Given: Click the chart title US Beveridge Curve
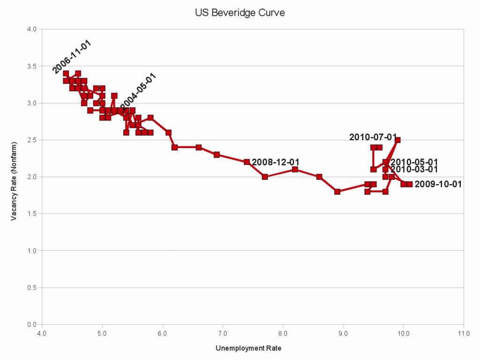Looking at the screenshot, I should [240, 13].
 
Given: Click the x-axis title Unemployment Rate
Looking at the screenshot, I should [248, 348].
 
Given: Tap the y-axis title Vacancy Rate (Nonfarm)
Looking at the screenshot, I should [15, 177].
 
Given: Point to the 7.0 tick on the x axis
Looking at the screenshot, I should [223, 333].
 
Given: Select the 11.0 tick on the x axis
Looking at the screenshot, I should [463, 333].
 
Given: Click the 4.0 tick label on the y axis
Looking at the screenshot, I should [32, 29].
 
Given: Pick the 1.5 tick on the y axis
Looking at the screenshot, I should [32, 214].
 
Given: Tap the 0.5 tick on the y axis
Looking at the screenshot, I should [32, 287].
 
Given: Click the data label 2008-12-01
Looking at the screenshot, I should [276, 162].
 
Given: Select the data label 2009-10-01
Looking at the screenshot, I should [438, 184].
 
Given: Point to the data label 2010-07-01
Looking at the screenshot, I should [373, 137].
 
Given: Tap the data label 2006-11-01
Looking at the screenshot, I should [72, 57].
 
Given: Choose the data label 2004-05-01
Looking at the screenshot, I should [138, 91].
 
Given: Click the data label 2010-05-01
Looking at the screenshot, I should [414, 162].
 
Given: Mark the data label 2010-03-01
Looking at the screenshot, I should [414, 169].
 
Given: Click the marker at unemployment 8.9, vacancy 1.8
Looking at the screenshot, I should [337, 192].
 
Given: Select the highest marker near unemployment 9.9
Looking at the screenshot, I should [397, 140].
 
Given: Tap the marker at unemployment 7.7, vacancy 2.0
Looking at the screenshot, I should [265, 177].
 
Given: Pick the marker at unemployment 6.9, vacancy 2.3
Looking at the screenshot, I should [217, 155].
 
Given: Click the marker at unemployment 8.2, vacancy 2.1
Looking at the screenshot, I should [295, 169].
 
